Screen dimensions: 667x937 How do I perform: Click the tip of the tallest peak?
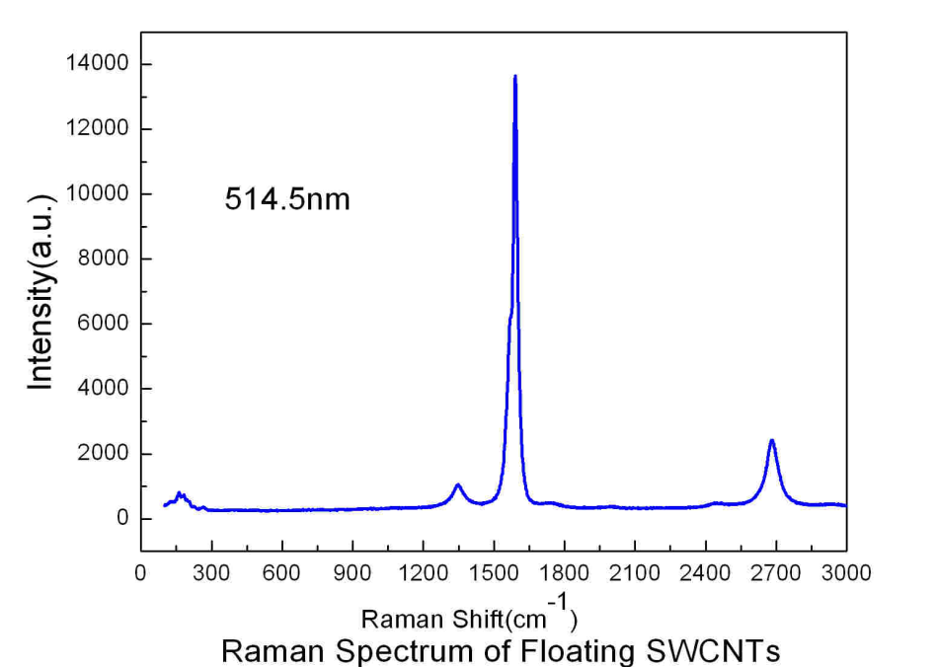click(514, 76)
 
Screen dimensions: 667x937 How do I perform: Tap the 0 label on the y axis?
click(122, 519)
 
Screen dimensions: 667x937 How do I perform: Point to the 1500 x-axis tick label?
click(494, 573)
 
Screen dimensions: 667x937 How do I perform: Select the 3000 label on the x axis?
click(846, 573)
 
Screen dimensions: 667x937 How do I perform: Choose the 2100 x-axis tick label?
click(635, 573)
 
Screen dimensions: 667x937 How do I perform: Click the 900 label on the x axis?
click(352, 573)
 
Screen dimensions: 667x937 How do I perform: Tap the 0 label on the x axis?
click(141, 573)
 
